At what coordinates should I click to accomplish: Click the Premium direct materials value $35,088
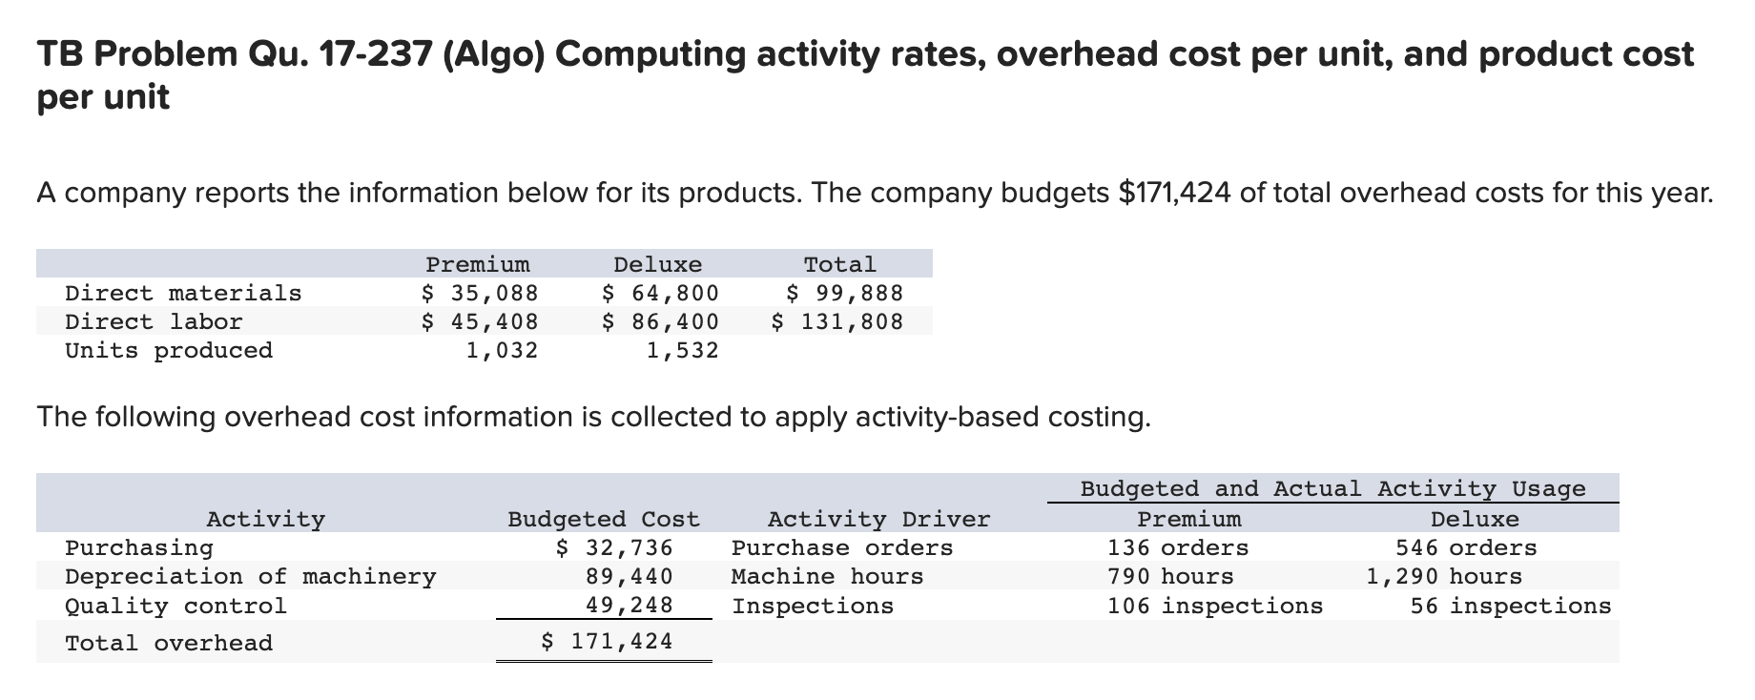tap(480, 293)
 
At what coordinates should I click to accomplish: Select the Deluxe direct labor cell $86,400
tap(660, 321)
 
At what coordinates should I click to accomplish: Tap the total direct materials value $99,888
tap(843, 293)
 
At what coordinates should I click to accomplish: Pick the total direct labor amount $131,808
tap(836, 321)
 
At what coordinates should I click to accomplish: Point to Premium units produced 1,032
tap(501, 350)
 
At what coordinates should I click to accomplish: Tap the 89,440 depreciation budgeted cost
tap(629, 576)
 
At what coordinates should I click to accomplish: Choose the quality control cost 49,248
tap(629, 605)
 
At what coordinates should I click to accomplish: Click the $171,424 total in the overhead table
tap(607, 642)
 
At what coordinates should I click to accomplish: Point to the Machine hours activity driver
tap(827, 576)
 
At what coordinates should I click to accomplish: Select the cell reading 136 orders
tap(1177, 547)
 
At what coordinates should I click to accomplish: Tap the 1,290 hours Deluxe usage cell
tap(1443, 576)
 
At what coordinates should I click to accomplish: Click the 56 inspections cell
tap(1510, 606)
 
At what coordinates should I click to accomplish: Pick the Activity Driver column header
tap(878, 519)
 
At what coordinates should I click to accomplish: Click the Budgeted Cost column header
tap(603, 519)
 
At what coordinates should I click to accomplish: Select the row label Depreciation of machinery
tap(250, 576)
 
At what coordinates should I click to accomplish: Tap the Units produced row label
tap(169, 350)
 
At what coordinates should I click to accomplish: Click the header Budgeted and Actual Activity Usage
tap(1332, 488)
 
